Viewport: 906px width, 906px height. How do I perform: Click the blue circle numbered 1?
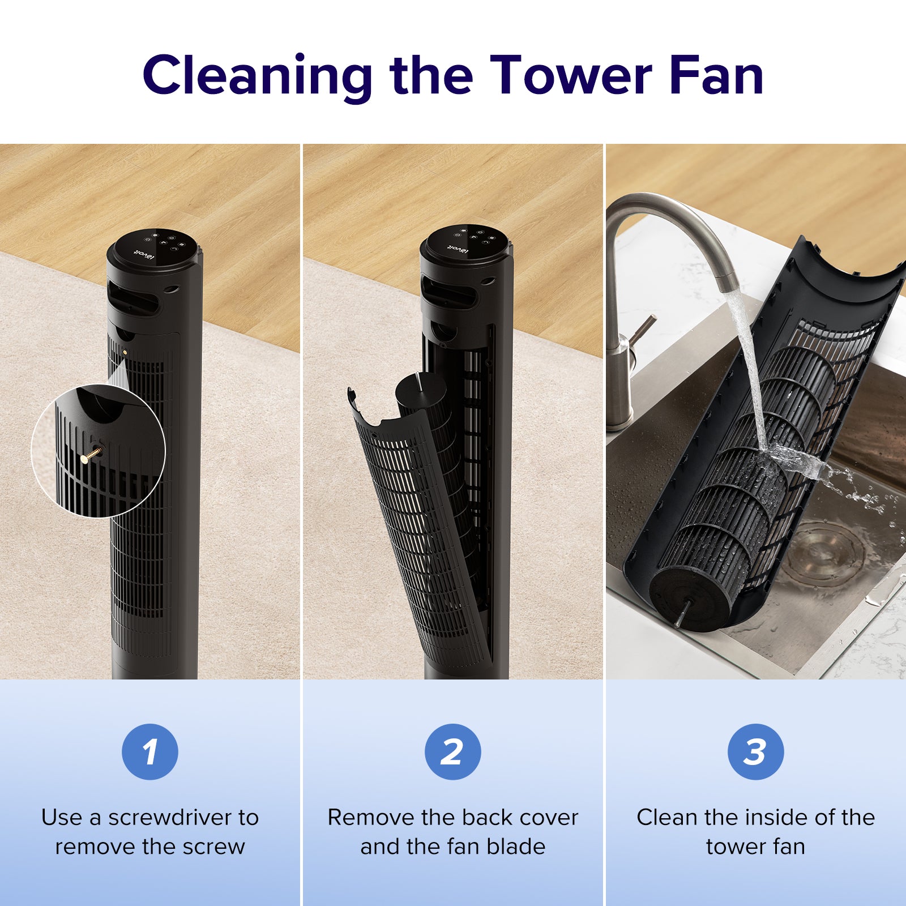pyautogui.click(x=150, y=751)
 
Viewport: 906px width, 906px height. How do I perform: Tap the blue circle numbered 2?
pyautogui.click(x=453, y=751)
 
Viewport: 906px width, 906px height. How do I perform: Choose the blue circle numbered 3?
pyautogui.click(x=755, y=751)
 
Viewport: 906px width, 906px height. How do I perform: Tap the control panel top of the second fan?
pyautogui.click(x=464, y=243)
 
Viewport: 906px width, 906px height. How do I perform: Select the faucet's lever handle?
pyautogui.click(x=643, y=332)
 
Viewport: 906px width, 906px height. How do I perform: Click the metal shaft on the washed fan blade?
pyautogui.click(x=683, y=612)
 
